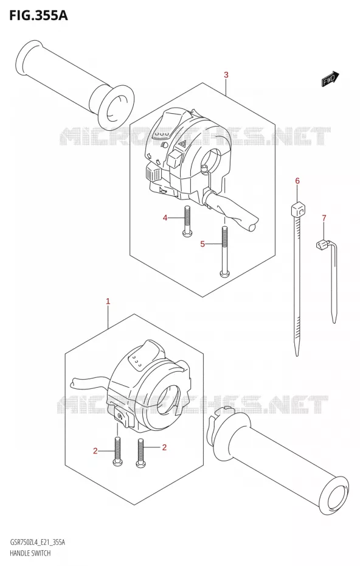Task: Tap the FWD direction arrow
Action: tap(330, 79)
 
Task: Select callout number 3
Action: tap(226, 75)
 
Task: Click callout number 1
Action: tap(108, 301)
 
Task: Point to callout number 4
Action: tap(165, 218)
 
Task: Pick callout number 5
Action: tap(202, 244)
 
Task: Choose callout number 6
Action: tap(297, 181)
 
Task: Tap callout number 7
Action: tap(324, 218)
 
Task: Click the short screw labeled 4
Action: tap(187, 221)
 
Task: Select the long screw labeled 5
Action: tap(224, 251)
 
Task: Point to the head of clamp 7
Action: tap(320, 245)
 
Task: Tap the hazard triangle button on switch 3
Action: tap(182, 145)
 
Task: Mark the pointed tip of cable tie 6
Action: tap(297, 354)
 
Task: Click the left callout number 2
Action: tap(95, 450)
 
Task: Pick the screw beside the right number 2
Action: tap(140, 453)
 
